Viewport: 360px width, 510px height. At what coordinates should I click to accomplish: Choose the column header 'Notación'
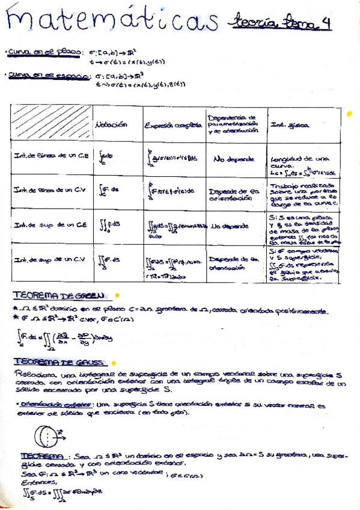pos(111,124)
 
